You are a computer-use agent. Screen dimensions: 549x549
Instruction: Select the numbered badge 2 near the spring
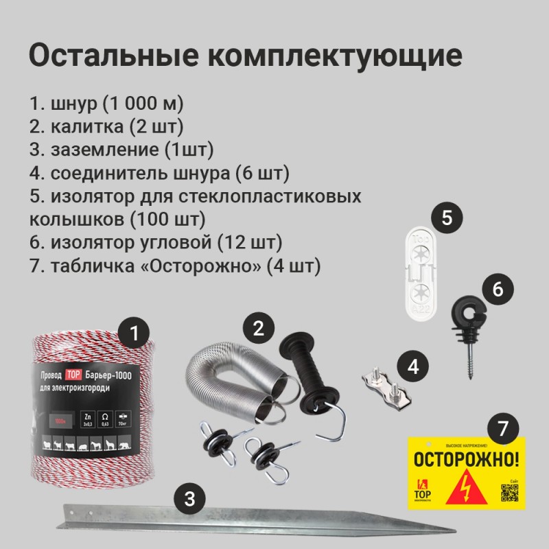258,328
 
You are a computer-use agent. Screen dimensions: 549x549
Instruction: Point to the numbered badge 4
412,366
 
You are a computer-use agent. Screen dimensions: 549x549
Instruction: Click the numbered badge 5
446,218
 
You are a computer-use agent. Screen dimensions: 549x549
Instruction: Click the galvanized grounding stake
206,522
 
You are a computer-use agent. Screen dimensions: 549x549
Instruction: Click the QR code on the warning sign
509,492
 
